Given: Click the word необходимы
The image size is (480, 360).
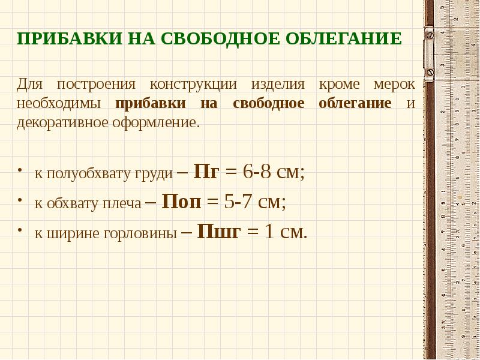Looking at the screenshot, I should pos(59,103).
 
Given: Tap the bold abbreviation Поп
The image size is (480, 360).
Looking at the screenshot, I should pos(182,202).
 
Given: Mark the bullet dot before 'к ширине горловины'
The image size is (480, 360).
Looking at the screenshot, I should pos(22,231).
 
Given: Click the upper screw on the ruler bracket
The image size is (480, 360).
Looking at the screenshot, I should pos(430,35).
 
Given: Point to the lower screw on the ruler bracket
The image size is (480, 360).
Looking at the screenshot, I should pos(430,72).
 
